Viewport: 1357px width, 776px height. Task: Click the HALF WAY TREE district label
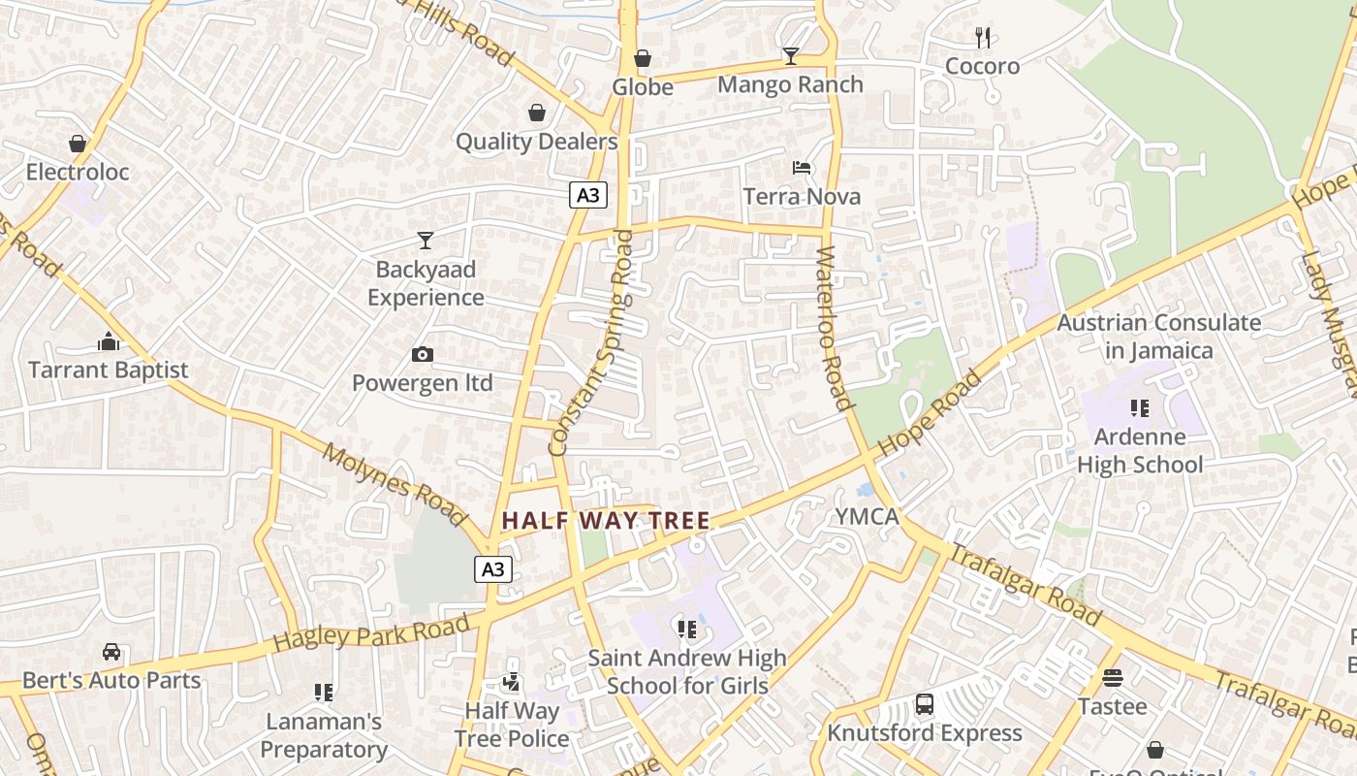[x=606, y=521]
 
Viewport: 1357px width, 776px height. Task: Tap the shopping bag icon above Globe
[x=642, y=59]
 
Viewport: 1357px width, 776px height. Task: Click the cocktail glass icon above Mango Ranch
[x=790, y=56]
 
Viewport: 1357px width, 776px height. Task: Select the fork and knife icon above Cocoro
[x=983, y=38]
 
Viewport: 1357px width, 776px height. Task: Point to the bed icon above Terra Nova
[x=802, y=168]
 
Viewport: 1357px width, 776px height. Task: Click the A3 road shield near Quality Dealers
[x=588, y=196]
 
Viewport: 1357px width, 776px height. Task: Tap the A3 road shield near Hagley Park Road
[x=493, y=568]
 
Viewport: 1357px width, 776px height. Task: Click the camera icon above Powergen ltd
[x=423, y=355]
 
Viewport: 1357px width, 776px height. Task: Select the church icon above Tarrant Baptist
[x=109, y=341]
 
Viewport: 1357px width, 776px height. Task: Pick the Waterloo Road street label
[x=834, y=328]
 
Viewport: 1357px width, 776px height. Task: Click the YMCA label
[x=868, y=517]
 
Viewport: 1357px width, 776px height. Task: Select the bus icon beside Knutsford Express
[x=925, y=704]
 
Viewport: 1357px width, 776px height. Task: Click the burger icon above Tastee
[x=1112, y=678]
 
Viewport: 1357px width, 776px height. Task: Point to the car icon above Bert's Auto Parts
[x=111, y=652]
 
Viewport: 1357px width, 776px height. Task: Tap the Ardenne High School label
[x=1140, y=451]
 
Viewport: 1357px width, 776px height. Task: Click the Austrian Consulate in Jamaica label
[x=1158, y=336]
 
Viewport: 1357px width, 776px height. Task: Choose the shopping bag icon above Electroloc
[x=78, y=145]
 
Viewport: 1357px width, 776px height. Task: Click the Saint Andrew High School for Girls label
[x=687, y=671]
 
